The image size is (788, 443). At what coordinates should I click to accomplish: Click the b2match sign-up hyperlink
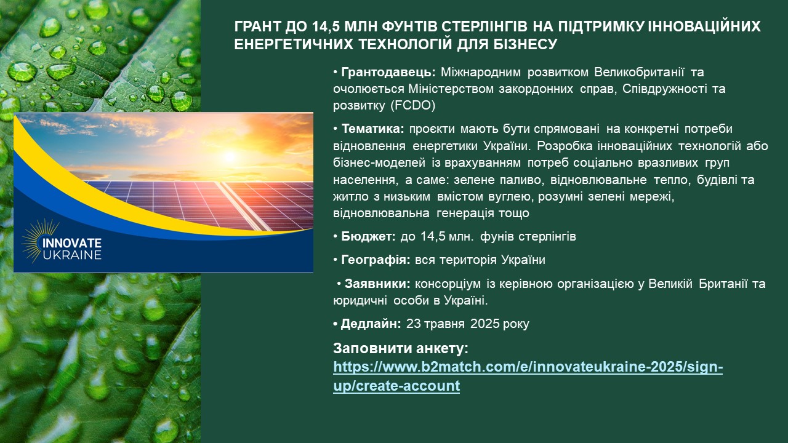pyautogui.click(x=528, y=376)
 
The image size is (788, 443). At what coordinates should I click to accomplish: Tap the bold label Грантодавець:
pyautogui.click(x=388, y=73)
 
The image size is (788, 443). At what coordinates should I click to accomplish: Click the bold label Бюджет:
pyautogui.click(x=368, y=237)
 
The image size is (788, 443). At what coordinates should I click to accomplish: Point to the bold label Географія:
pyautogui.click(x=376, y=260)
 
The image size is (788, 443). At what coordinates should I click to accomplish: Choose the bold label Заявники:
pyautogui.click(x=377, y=284)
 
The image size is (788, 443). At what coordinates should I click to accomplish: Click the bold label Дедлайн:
pyautogui.click(x=371, y=324)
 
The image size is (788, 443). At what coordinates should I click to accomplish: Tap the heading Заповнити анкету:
pyautogui.click(x=401, y=348)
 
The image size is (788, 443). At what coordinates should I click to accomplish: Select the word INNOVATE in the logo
pyautogui.click(x=72, y=243)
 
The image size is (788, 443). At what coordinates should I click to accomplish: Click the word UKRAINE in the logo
pyautogui.click(x=72, y=255)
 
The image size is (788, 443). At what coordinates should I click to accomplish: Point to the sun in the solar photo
pyautogui.click(x=230, y=156)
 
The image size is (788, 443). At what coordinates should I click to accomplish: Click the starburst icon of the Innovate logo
pyautogui.click(x=39, y=241)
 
